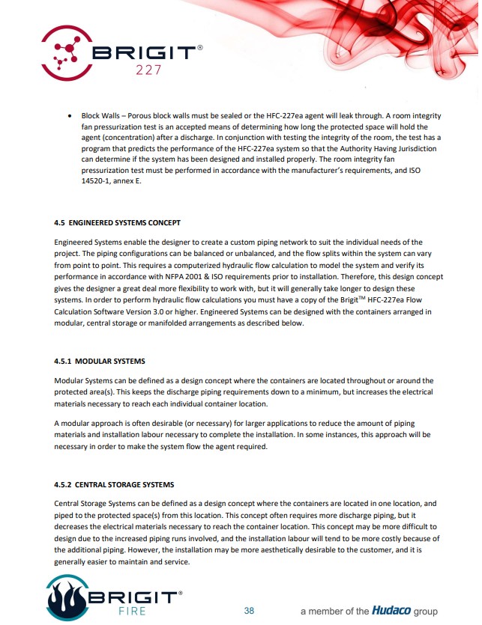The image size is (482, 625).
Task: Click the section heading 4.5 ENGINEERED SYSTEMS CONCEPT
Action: pyautogui.click(x=117, y=223)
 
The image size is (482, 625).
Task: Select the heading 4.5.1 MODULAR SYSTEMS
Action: pyautogui.click(x=100, y=362)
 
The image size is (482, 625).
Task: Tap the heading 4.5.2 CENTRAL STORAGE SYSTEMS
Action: pyautogui.click(x=114, y=484)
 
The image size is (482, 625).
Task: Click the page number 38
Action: pyautogui.click(x=249, y=611)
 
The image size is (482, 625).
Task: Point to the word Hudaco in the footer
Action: pyautogui.click(x=391, y=611)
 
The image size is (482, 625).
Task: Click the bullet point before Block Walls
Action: pyautogui.click(x=70, y=116)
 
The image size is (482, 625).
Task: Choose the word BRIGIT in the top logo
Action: pyautogui.click(x=147, y=53)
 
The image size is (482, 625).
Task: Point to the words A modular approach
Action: pyautogui.click(x=88, y=424)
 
